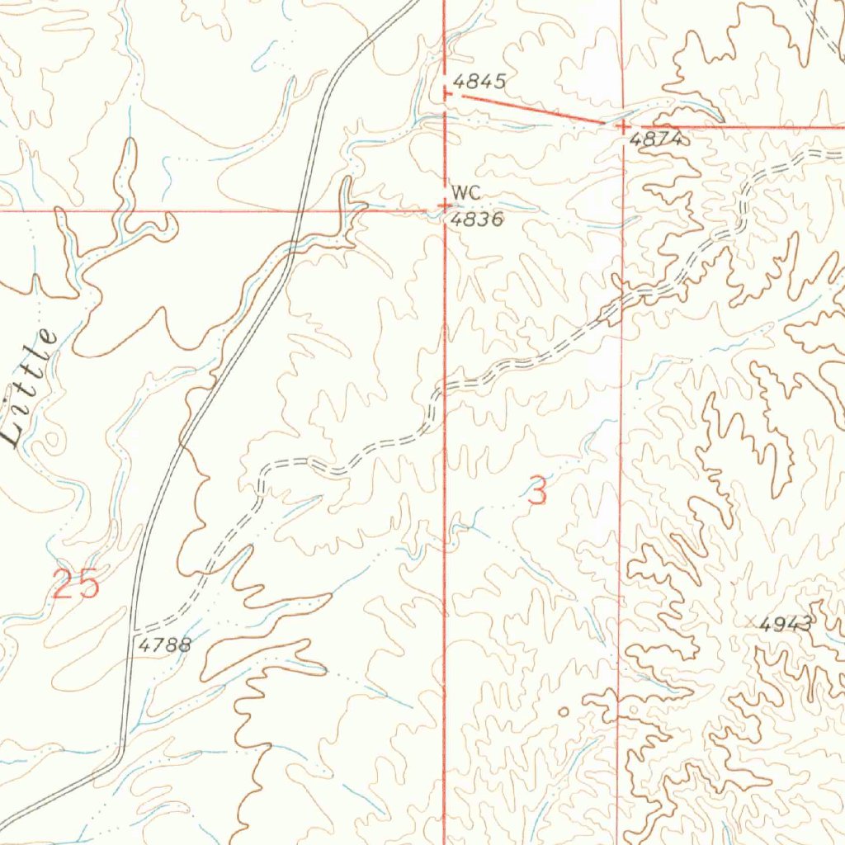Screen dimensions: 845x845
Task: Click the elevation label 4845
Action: click(479, 81)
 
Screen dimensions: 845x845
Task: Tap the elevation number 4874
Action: click(655, 140)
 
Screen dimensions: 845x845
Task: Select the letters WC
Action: click(465, 191)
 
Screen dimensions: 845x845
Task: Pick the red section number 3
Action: click(537, 493)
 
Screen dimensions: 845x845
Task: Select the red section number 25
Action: click(76, 584)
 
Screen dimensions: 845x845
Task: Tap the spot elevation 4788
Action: click(164, 644)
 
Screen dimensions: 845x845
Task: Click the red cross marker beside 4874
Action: click(623, 126)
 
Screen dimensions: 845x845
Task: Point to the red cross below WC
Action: click(445, 205)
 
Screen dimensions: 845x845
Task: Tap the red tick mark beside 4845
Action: click(446, 94)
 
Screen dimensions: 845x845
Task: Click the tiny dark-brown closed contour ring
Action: click(563, 711)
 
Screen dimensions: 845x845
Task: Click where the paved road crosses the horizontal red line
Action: click(298, 210)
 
